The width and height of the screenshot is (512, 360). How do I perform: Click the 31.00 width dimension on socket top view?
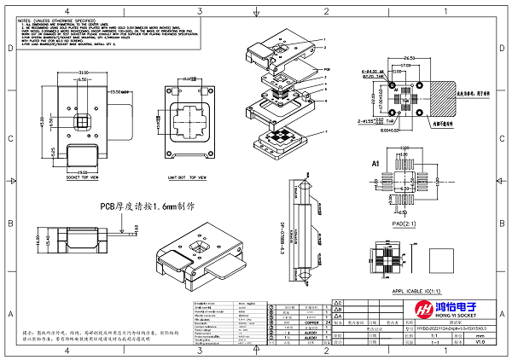(83, 73)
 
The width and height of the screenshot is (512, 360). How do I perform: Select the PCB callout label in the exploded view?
(326, 69)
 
